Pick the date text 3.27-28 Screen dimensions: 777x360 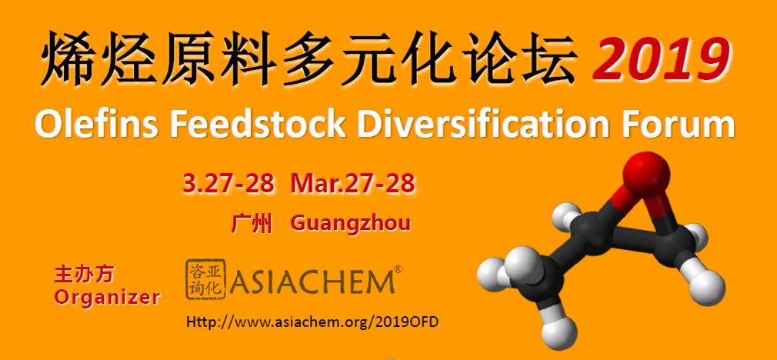point(228,183)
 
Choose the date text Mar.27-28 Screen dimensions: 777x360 point(353,183)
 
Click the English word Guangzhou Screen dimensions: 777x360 point(351,224)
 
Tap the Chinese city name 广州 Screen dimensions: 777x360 point(252,224)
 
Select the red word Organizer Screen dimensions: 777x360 point(107,298)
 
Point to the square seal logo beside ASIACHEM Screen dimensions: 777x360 point(205,279)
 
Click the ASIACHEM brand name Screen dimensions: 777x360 point(312,282)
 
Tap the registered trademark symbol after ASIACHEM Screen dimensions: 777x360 point(398,269)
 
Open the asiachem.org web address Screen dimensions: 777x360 point(312,322)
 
